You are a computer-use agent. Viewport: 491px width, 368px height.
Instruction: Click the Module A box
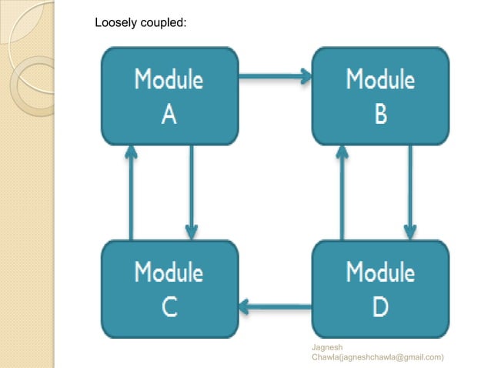click(169, 96)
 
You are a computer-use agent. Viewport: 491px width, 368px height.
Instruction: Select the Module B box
click(380, 96)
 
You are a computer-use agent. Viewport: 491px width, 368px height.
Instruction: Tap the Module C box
click(169, 289)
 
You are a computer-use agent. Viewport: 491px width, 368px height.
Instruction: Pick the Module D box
click(380, 289)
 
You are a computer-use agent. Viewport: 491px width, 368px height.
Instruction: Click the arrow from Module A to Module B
click(275, 76)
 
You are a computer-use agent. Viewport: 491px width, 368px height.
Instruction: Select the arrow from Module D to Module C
click(275, 308)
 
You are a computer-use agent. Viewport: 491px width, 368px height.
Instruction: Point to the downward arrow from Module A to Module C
click(192, 192)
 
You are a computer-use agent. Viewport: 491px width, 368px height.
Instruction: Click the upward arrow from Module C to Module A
click(131, 192)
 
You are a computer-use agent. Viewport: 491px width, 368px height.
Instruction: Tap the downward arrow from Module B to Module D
click(410, 192)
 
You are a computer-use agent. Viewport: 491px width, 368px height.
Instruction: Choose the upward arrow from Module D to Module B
click(341, 192)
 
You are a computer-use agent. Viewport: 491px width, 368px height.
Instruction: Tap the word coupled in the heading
click(162, 22)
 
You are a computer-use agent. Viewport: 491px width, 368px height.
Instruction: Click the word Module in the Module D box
click(380, 272)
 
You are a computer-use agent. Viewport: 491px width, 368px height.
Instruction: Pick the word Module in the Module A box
click(169, 79)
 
